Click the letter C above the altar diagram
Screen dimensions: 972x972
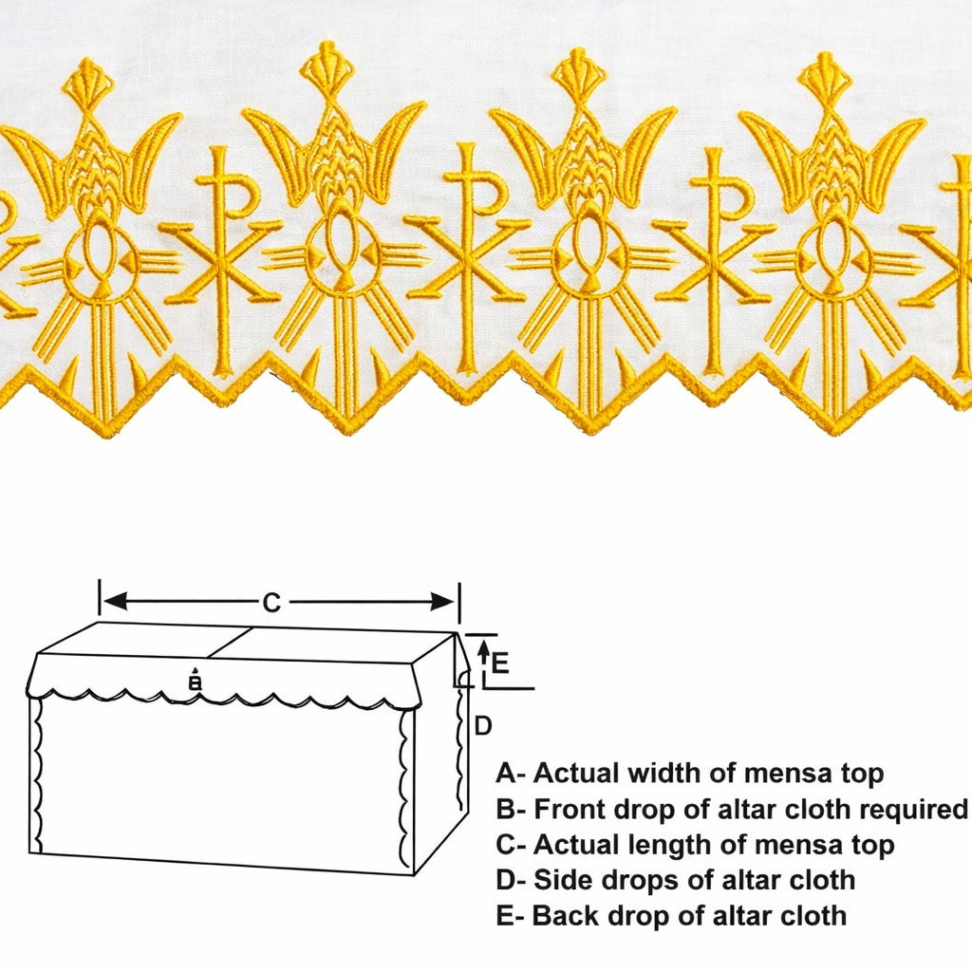[271, 602]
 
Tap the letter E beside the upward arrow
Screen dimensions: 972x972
[500, 664]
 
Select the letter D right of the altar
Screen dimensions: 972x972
[483, 725]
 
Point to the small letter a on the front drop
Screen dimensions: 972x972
[196, 682]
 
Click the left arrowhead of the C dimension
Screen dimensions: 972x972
[115, 601]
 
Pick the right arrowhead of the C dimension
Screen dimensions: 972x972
[443, 601]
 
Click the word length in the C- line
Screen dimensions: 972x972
[664, 845]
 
